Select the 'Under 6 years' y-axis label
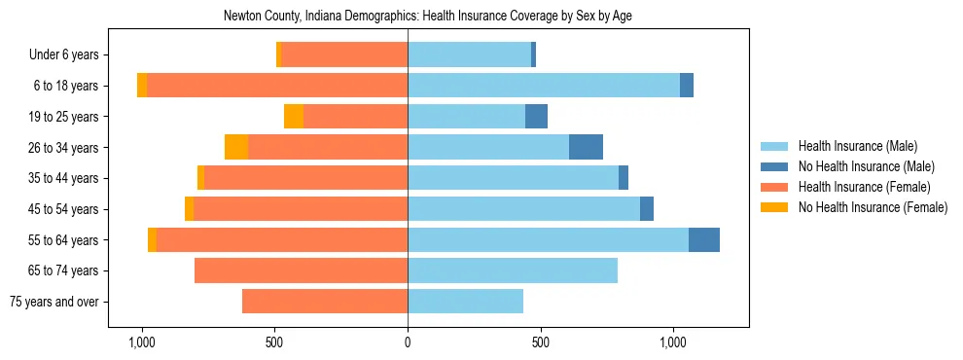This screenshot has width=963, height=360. click(x=69, y=55)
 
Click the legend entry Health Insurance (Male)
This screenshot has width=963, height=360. click(x=857, y=146)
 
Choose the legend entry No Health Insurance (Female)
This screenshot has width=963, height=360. click(x=873, y=207)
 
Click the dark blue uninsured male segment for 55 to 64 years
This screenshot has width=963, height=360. click(x=704, y=239)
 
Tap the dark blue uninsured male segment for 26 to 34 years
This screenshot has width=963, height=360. click(x=586, y=147)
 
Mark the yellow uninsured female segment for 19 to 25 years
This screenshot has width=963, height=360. click(x=294, y=117)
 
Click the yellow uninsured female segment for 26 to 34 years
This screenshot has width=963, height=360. click(x=236, y=147)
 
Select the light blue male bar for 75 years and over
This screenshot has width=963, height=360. click(x=465, y=302)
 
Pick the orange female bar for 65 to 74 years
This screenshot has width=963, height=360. click(x=301, y=270)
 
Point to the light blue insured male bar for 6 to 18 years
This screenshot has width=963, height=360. click(x=544, y=86)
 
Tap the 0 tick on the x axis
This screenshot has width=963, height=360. click(x=408, y=342)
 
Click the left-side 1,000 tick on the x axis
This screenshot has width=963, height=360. click(x=142, y=342)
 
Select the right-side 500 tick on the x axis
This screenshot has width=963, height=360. click(x=541, y=342)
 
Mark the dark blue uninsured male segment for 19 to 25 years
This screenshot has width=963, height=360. click(x=536, y=117)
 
